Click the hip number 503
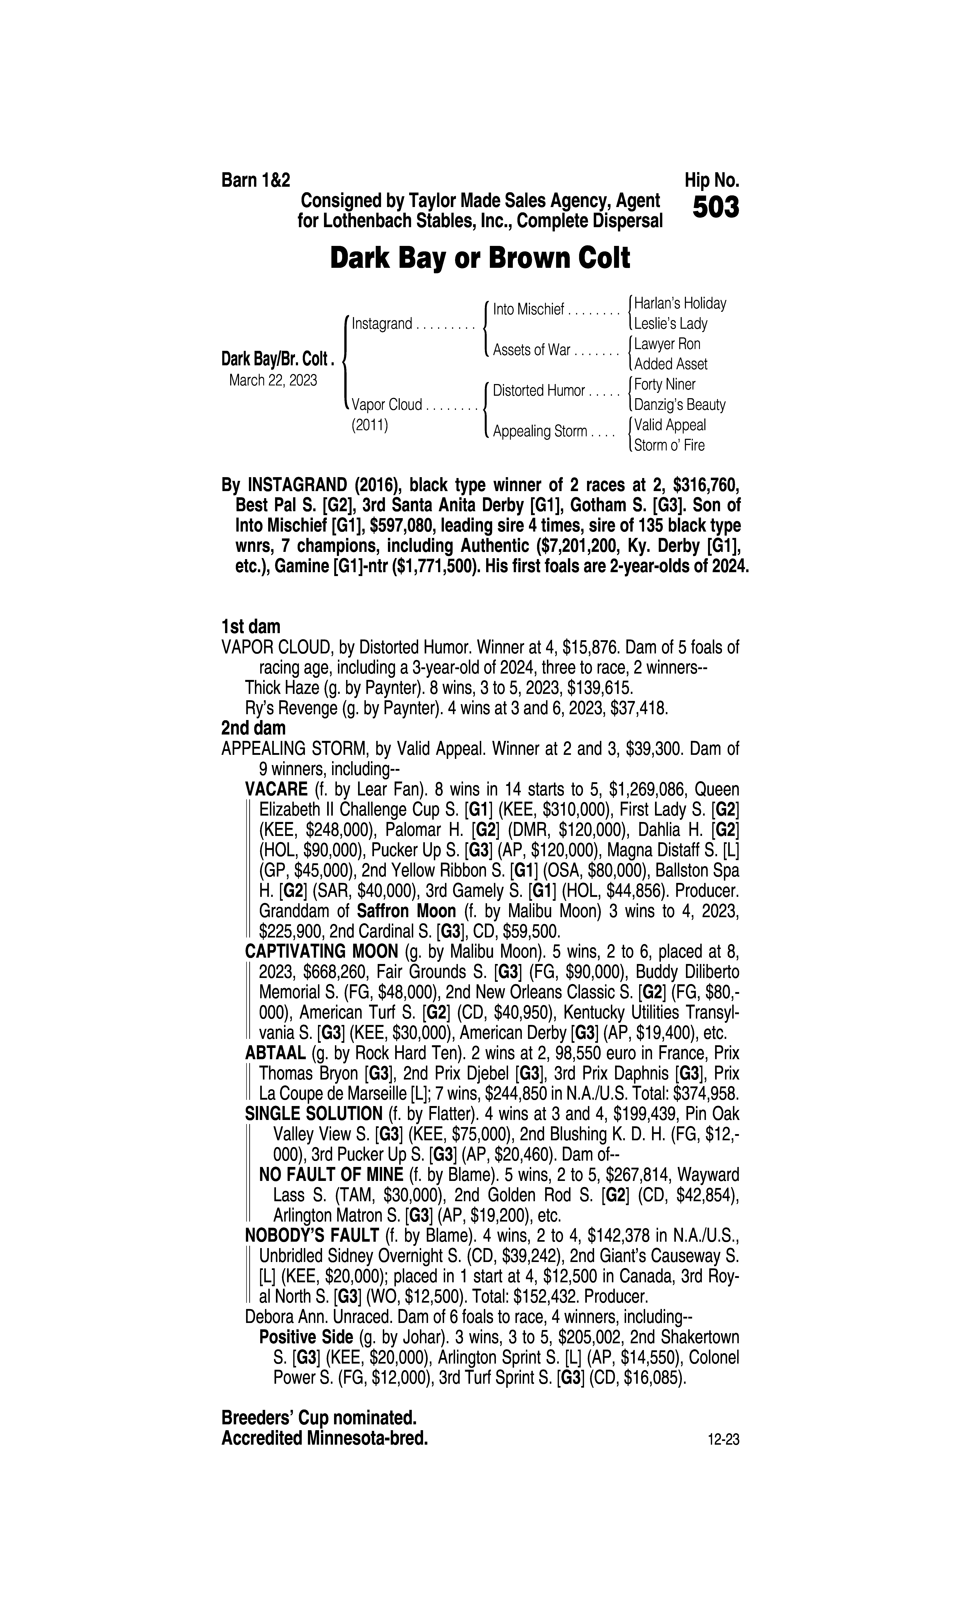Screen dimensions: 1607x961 [x=715, y=208]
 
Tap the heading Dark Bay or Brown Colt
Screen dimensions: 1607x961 [x=480, y=258]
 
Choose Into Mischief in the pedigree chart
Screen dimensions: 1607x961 [x=528, y=309]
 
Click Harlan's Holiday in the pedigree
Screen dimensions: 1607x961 [x=680, y=303]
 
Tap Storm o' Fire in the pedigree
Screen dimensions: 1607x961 [x=669, y=446]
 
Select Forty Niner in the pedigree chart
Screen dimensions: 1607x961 [x=664, y=385]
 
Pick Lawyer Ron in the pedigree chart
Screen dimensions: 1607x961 [x=667, y=344]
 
